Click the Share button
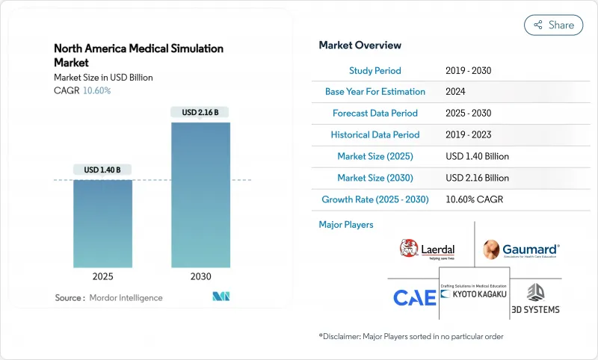click(553, 25)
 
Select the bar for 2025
click(102, 223)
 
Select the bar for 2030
click(200, 195)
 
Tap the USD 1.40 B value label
click(102, 170)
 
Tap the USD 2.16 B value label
click(200, 113)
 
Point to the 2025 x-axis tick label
click(102, 276)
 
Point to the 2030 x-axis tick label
click(200, 276)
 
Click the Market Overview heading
click(360, 46)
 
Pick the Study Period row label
click(375, 71)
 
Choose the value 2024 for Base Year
click(454, 92)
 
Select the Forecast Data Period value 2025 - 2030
click(469, 114)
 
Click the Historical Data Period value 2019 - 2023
click(469, 135)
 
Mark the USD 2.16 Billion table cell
click(476, 179)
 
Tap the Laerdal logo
click(428, 249)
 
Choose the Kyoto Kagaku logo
click(475, 292)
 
